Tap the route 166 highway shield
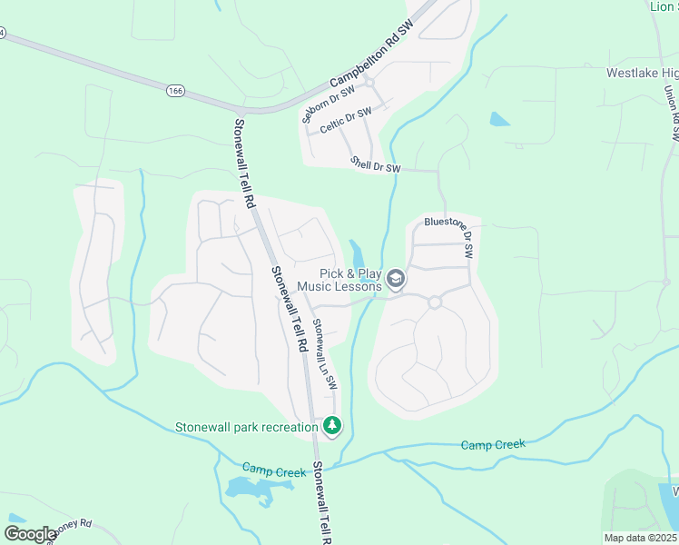pyautogui.click(x=176, y=90)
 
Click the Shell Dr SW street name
pyautogui.click(x=376, y=163)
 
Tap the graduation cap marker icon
pyautogui.click(x=395, y=279)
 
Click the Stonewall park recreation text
pyautogui.click(x=246, y=427)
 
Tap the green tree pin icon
pyautogui.click(x=332, y=425)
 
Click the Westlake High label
pyautogui.click(x=642, y=74)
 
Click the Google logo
pyautogui.click(x=29, y=534)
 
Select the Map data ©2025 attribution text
pyautogui.click(x=641, y=538)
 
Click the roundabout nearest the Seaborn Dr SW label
pyautogui.click(x=369, y=82)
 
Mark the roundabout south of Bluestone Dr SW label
pyautogui.click(x=435, y=302)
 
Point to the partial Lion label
pyautogui.click(x=664, y=6)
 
